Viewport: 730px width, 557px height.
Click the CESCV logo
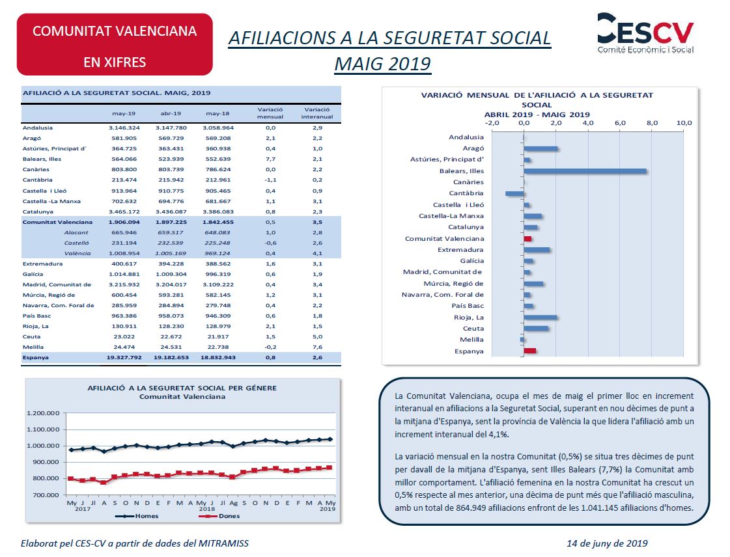[x=645, y=33]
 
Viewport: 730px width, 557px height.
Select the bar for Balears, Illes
[x=585, y=170]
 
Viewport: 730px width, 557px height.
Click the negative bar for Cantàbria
[x=514, y=193]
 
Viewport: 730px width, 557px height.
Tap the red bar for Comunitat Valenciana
[x=527, y=239]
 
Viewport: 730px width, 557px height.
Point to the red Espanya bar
[x=530, y=351]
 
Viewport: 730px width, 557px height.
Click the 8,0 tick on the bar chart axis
[x=652, y=123]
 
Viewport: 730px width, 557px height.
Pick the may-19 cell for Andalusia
[x=124, y=128]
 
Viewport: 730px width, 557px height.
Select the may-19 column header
[x=124, y=113]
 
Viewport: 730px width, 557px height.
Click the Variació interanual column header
[x=317, y=113]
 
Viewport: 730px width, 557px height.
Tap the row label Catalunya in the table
[x=38, y=211]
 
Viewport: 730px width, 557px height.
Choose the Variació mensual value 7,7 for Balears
[x=270, y=159]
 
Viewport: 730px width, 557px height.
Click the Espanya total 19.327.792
[x=124, y=357]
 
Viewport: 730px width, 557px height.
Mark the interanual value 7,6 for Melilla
[x=317, y=347]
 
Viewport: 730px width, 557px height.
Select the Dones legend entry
[x=219, y=516]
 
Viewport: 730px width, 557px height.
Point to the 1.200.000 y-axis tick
[x=43, y=413]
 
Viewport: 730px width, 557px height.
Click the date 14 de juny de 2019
[x=607, y=543]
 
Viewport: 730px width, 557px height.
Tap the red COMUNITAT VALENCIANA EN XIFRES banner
[x=115, y=45]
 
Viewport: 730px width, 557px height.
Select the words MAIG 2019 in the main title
[x=383, y=64]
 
